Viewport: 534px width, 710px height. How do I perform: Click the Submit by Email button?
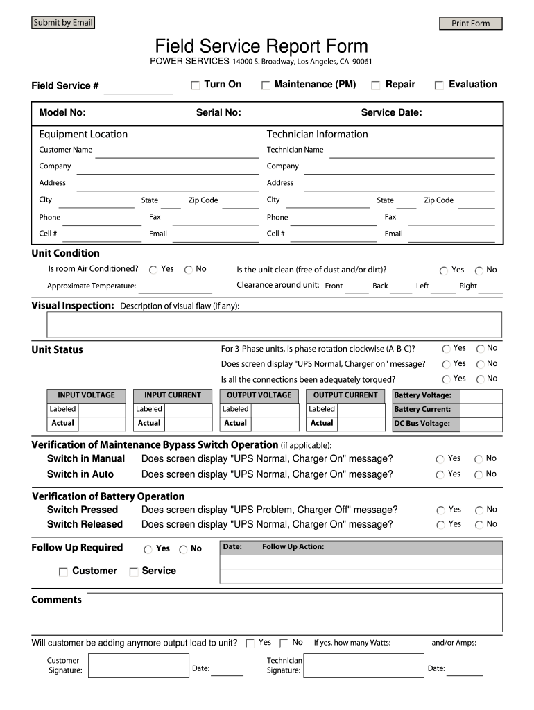62,23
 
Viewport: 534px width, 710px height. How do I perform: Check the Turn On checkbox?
196,85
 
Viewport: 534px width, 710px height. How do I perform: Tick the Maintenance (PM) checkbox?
266,85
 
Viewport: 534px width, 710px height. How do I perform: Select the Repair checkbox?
376,85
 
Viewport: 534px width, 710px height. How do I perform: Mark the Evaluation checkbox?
439,85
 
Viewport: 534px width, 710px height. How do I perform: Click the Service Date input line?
459,114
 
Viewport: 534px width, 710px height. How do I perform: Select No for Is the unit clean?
479,270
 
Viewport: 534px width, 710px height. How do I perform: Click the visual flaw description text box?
274,324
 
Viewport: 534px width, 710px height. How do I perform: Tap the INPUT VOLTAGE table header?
87,395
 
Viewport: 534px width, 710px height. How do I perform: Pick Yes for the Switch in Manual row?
440,459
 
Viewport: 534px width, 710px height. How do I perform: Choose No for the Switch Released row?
479,525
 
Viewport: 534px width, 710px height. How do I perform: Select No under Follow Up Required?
183,549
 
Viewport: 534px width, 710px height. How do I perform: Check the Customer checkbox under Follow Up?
63,572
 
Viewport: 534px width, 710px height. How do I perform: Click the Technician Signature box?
363,666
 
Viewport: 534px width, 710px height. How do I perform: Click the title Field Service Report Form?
261,46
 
